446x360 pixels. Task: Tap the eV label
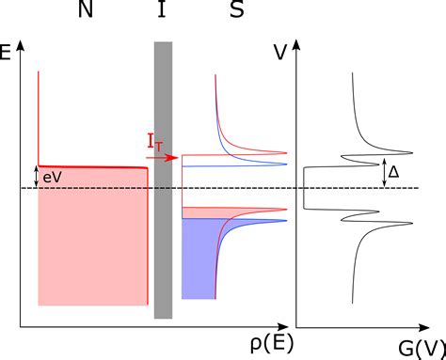click(55, 175)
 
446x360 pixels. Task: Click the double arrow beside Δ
click(384, 173)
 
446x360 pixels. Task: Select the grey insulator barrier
click(164, 179)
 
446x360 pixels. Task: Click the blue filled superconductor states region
click(198, 263)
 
